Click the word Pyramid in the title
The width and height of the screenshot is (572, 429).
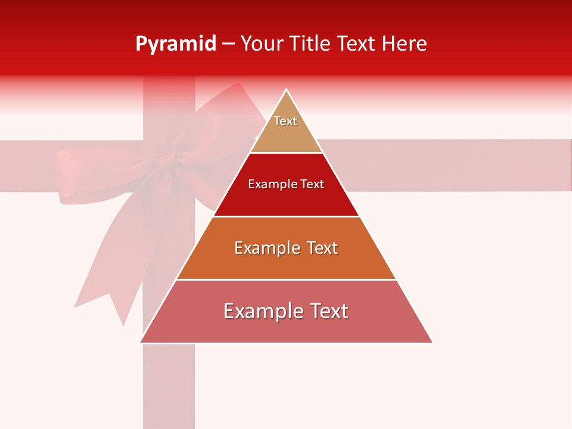176,44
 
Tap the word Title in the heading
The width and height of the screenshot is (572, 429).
312,44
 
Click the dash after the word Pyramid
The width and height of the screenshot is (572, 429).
228,44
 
